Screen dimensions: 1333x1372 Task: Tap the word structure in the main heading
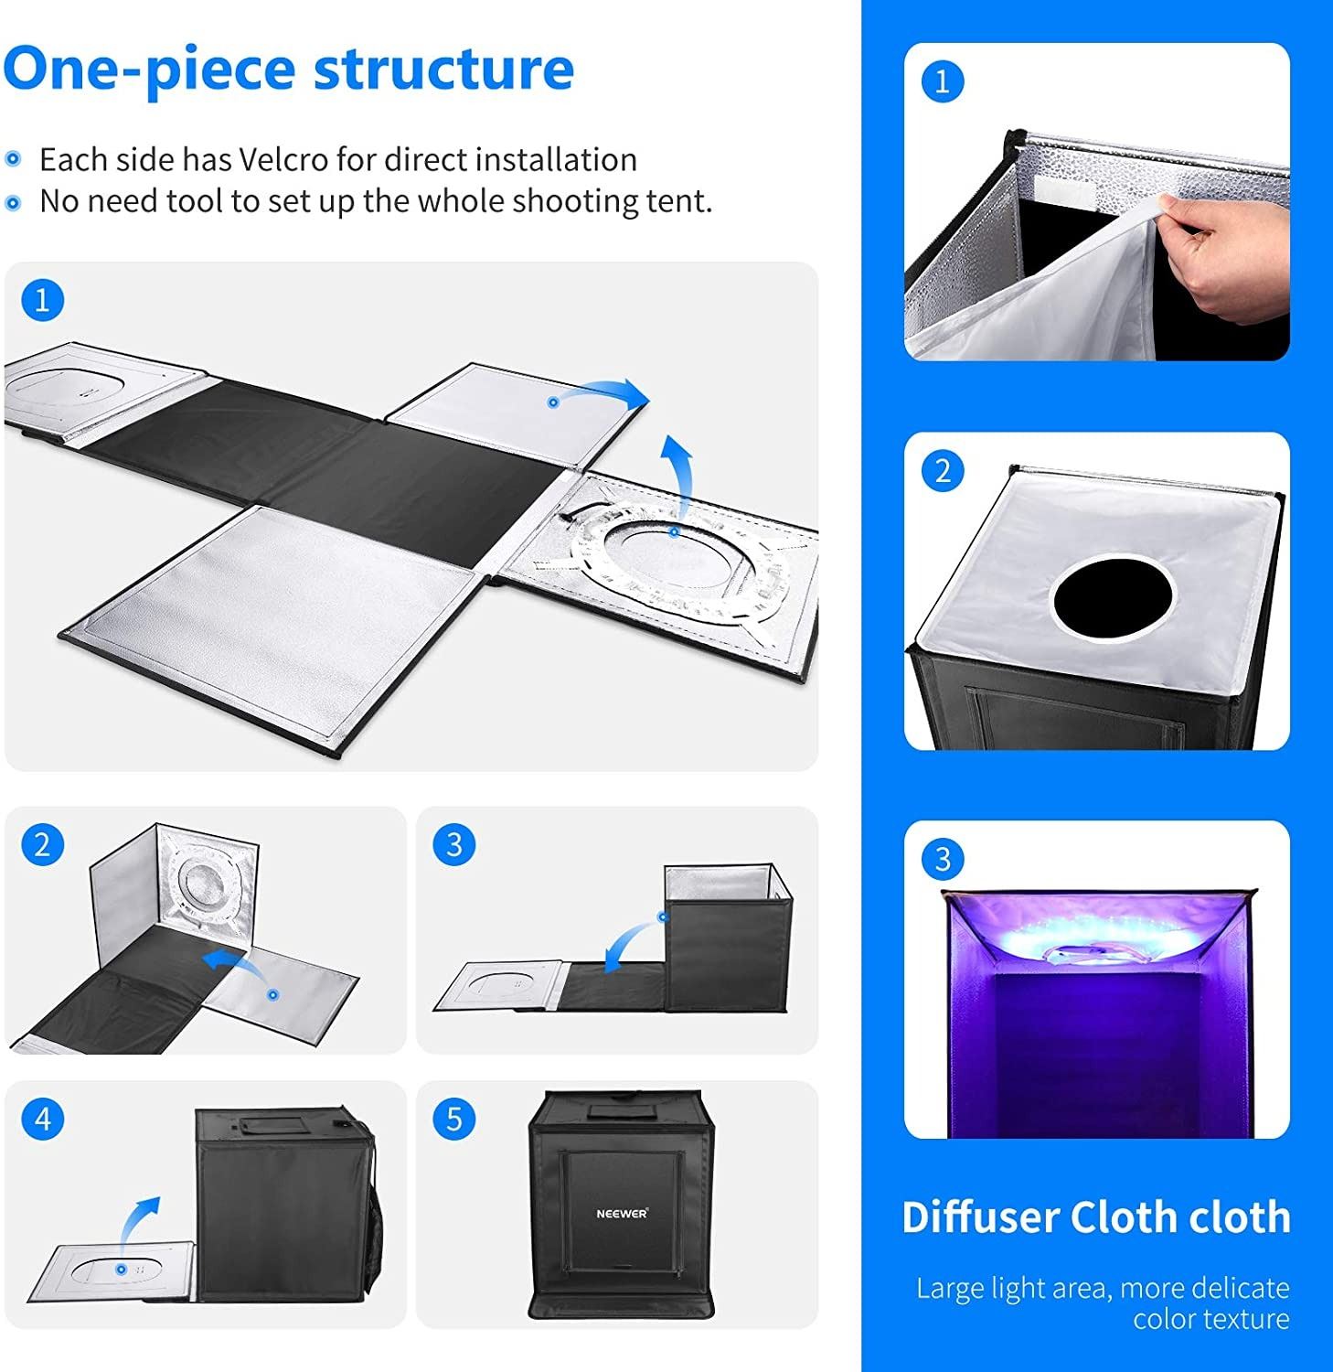point(443,69)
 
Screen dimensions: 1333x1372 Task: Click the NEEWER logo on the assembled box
point(622,1213)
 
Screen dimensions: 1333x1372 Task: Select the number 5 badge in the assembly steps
point(454,1120)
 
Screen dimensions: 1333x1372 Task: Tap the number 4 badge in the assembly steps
point(43,1120)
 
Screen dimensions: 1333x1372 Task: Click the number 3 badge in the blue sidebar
point(942,859)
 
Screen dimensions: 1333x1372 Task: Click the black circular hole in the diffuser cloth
point(1113,599)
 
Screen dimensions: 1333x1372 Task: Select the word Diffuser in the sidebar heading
point(980,1217)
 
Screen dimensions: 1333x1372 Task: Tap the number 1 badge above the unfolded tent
point(42,300)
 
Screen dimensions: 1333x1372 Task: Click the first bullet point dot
point(13,160)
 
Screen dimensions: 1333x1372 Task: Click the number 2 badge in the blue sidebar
point(942,471)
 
